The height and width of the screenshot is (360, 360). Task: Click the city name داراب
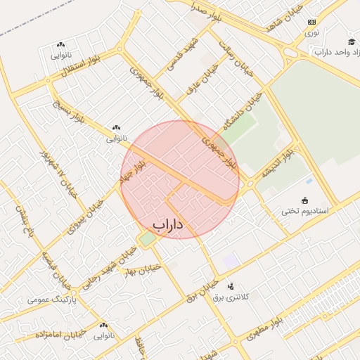click(x=167, y=224)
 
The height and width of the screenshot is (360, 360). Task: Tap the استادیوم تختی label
click(x=304, y=210)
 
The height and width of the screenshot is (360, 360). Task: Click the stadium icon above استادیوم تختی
click(x=305, y=200)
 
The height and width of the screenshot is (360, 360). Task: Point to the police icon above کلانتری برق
click(x=231, y=285)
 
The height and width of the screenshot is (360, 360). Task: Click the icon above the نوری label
click(x=311, y=22)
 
